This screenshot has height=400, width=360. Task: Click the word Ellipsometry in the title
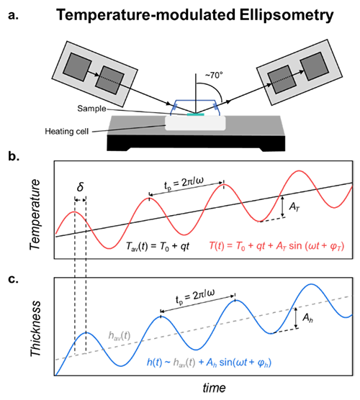pyautogui.click(x=287, y=16)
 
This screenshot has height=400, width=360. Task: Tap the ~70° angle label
pyautogui.click(x=214, y=76)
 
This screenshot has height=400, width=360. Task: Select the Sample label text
pyautogui.click(x=91, y=109)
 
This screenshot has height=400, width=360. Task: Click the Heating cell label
pyautogui.click(x=67, y=132)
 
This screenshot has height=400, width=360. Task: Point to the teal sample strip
pyautogui.click(x=196, y=114)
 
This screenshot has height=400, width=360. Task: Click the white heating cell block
pyautogui.click(x=195, y=123)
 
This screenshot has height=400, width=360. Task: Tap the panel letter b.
pyautogui.click(x=14, y=156)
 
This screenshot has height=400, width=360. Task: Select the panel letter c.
pyautogui.click(x=13, y=279)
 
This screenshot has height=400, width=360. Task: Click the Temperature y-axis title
pyautogui.click(x=35, y=214)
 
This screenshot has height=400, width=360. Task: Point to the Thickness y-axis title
pyautogui.click(x=35, y=329)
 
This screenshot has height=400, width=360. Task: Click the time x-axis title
pyautogui.click(x=215, y=388)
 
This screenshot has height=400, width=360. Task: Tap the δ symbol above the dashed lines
pyautogui.click(x=80, y=187)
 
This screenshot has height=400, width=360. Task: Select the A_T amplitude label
pyautogui.click(x=294, y=207)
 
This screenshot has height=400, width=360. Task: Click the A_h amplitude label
pyautogui.click(x=307, y=318)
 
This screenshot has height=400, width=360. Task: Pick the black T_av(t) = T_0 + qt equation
pyautogui.click(x=158, y=247)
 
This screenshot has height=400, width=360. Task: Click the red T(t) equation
pyautogui.click(x=276, y=247)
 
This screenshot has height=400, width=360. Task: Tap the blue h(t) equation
pyautogui.click(x=209, y=363)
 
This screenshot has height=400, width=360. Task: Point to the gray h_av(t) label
pyautogui.click(x=120, y=336)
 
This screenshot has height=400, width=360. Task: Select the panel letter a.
pyautogui.click(x=13, y=16)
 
